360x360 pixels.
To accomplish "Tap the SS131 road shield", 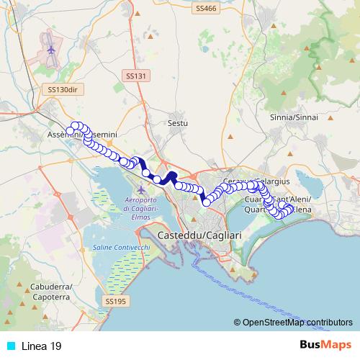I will pos(135,76).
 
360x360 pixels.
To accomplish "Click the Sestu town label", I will pos(177,123).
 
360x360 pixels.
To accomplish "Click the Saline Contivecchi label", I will pos(122,247).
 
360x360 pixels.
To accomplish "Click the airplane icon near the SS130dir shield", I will pos(51,50).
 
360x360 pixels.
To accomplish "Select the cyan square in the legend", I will pos(9,346).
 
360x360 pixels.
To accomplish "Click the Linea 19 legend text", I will pos(42,346).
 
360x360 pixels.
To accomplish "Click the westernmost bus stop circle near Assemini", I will pos(71,130).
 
